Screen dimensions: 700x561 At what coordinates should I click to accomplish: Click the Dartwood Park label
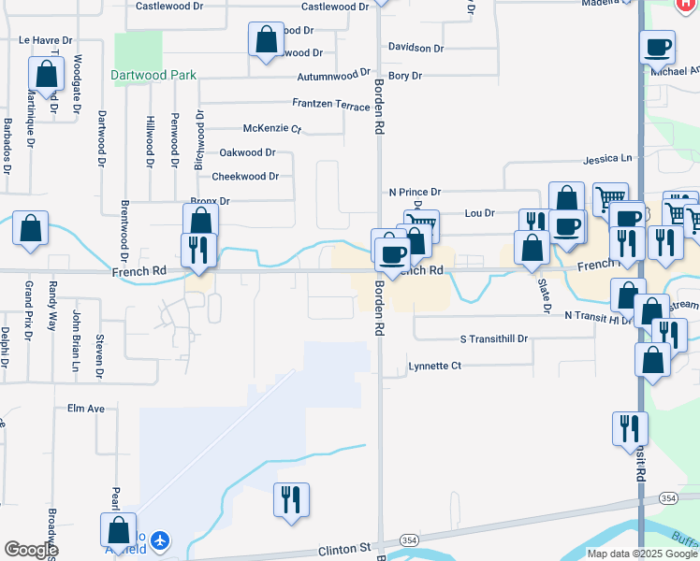pos(153,75)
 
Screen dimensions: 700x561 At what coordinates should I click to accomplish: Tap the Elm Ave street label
pos(86,409)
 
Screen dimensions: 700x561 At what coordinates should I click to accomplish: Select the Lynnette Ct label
pos(435,366)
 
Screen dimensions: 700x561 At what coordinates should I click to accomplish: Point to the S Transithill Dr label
pos(494,338)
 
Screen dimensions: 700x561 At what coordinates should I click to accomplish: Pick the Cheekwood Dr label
pos(245,176)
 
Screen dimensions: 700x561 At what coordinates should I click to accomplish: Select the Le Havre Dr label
pos(45,41)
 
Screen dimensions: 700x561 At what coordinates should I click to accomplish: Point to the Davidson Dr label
pos(416,48)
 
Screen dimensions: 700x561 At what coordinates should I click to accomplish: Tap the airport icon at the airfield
pos(160,540)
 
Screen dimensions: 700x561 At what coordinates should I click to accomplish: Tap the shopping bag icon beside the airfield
pos(118,528)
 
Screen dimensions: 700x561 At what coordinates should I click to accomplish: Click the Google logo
pos(30,550)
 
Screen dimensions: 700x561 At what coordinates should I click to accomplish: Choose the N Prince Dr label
pos(415,193)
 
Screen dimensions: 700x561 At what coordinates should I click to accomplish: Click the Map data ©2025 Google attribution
pos(642,554)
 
